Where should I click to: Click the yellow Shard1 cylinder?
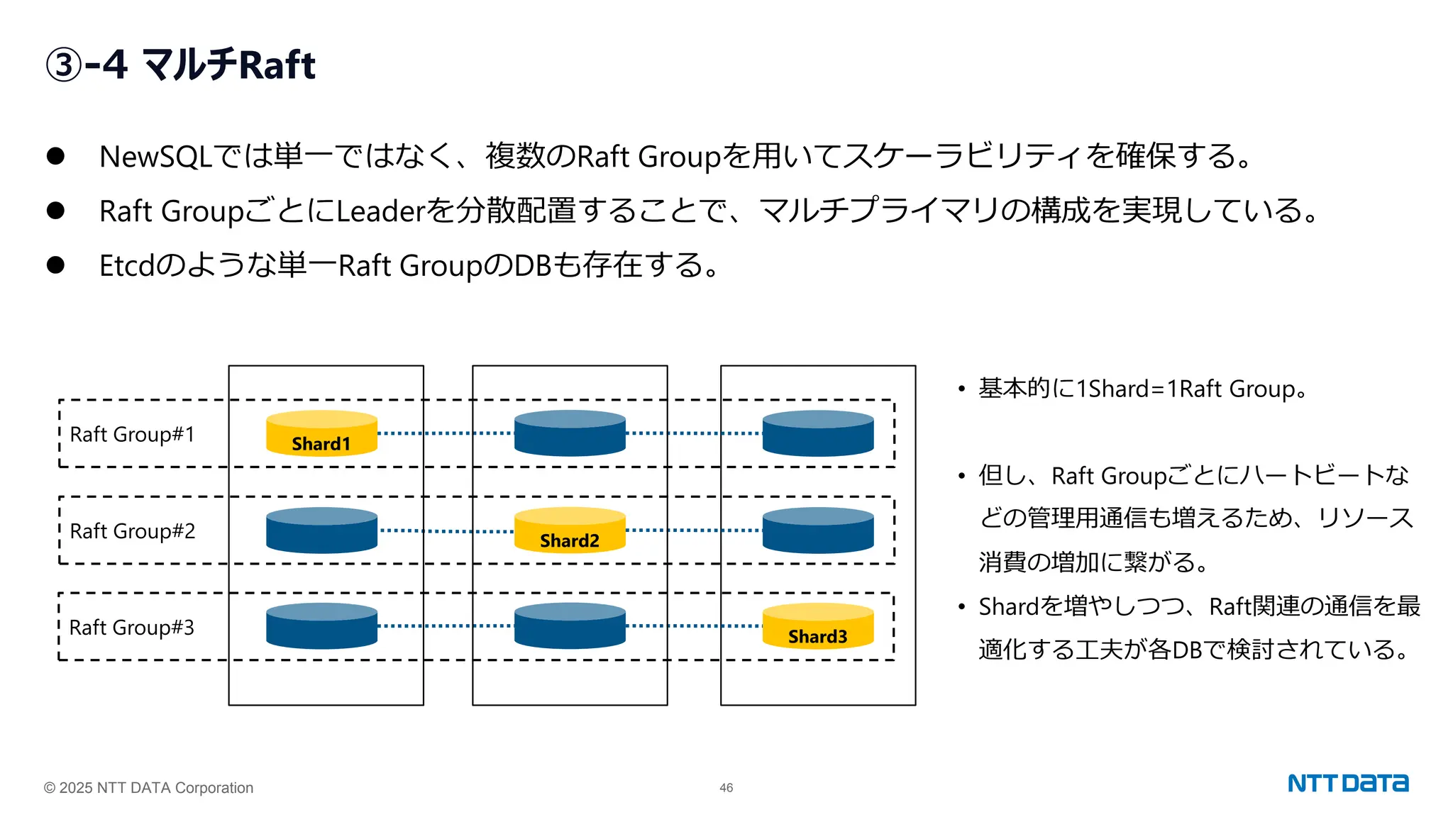(x=321, y=433)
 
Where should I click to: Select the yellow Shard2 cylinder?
(x=570, y=530)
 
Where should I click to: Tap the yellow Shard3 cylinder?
(x=817, y=626)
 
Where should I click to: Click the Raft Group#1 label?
(x=132, y=434)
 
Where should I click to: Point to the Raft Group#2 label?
(x=132, y=531)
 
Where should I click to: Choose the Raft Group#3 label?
(x=131, y=628)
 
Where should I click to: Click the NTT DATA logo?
(x=1347, y=784)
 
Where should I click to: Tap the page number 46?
(x=726, y=788)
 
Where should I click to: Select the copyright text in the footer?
(x=148, y=788)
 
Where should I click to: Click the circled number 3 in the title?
(x=64, y=65)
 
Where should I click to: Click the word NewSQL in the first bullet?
(x=155, y=157)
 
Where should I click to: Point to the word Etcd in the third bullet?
(x=126, y=266)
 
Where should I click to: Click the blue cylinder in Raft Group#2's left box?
(x=321, y=530)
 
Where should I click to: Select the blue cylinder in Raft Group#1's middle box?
(x=570, y=433)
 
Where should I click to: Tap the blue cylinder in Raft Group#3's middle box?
(x=570, y=626)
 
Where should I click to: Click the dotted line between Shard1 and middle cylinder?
(x=446, y=433)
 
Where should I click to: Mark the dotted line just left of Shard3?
(x=694, y=626)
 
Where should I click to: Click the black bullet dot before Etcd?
(x=55, y=265)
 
